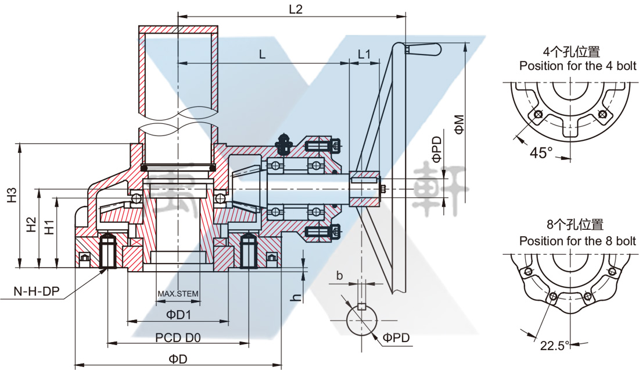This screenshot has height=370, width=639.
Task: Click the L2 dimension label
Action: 296,9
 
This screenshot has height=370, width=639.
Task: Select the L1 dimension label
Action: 364,54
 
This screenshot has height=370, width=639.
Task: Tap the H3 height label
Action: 12,194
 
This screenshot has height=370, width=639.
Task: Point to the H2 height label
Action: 31,225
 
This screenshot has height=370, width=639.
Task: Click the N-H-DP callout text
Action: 36,291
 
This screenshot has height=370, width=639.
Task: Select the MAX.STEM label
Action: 178,294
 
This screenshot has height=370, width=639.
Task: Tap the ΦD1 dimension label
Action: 178,314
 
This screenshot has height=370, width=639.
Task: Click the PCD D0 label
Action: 178,337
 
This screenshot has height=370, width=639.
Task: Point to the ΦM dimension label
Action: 459,125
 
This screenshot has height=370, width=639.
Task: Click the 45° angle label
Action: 541,152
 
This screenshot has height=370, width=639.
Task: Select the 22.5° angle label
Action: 554,346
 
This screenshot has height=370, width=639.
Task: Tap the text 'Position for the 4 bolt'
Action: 577,66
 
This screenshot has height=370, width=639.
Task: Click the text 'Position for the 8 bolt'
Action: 577,241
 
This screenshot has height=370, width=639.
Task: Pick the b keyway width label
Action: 339,276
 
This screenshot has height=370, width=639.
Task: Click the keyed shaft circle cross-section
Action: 362,320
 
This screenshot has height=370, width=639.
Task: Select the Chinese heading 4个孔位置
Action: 572,52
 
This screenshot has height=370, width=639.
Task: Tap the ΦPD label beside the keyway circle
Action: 396,338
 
